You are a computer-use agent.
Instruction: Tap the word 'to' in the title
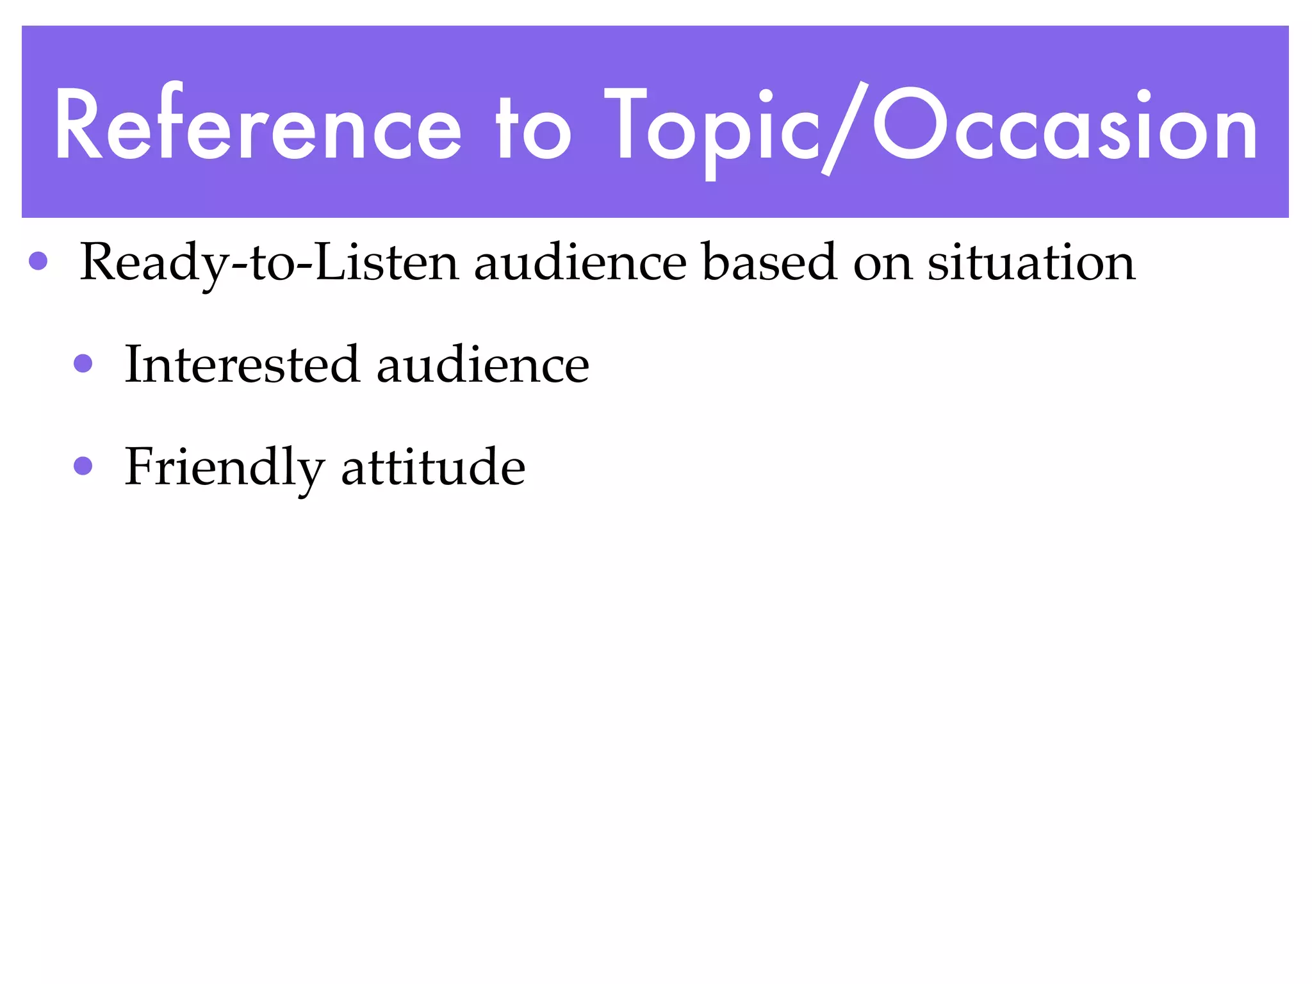[x=533, y=128]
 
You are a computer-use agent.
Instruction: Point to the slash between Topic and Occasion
[x=846, y=128]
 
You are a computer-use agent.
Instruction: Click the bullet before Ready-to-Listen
[x=38, y=261]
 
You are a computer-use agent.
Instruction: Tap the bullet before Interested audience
[x=83, y=364]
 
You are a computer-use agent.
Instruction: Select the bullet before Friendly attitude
[x=83, y=466]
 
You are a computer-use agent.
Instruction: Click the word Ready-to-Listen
[x=269, y=263]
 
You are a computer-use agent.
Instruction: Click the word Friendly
[x=224, y=468]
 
